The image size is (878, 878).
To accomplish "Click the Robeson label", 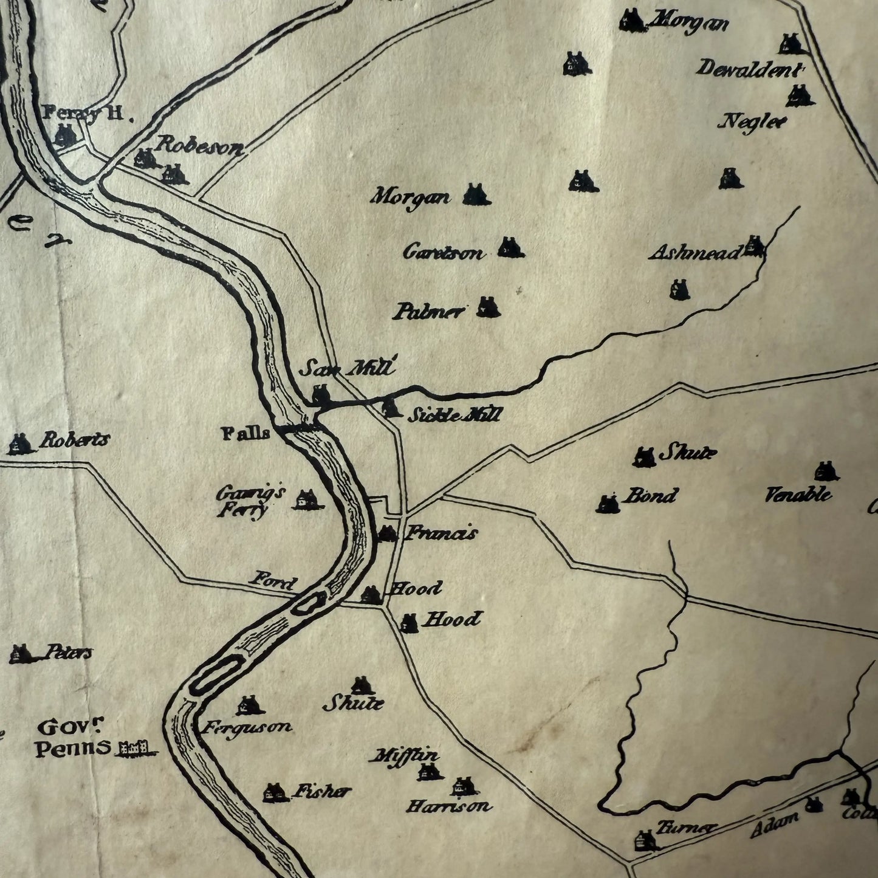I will [199, 146].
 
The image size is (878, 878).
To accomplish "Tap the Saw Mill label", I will [349, 368].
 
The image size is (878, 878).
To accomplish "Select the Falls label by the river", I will [246, 434].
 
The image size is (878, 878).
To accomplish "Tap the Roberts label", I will [74, 440].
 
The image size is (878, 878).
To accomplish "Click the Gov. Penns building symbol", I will [135, 747].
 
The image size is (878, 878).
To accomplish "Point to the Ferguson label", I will [247, 727].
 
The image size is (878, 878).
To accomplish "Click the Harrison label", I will [448, 807].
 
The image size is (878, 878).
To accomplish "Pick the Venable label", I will [798, 495].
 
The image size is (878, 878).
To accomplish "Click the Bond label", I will [650, 496].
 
